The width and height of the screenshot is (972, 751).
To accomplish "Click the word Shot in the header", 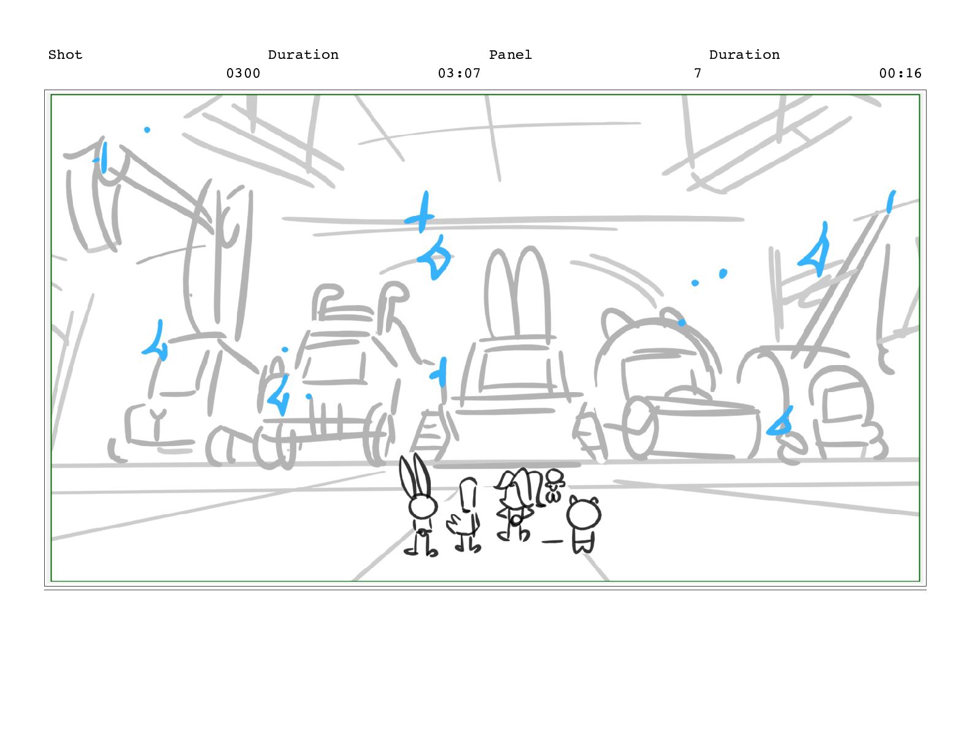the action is click(65, 55).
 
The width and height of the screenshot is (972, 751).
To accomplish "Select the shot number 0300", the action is click(244, 74).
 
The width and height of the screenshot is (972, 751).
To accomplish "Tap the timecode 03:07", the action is click(460, 74).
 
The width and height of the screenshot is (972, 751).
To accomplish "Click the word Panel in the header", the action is click(511, 55).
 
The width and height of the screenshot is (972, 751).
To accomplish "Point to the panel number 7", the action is click(698, 74).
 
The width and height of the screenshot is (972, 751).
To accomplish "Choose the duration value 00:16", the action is click(900, 74).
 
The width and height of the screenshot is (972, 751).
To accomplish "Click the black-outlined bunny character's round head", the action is click(423, 507).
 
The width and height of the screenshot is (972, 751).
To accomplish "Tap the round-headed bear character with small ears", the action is click(584, 523).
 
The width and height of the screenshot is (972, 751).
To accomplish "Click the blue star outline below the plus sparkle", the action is click(434, 258).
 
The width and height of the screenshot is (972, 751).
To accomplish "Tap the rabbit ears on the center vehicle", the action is click(517, 293).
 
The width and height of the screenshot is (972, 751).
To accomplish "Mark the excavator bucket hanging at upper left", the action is click(91, 197).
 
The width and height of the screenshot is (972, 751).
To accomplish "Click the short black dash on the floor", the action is click(552, 542).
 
